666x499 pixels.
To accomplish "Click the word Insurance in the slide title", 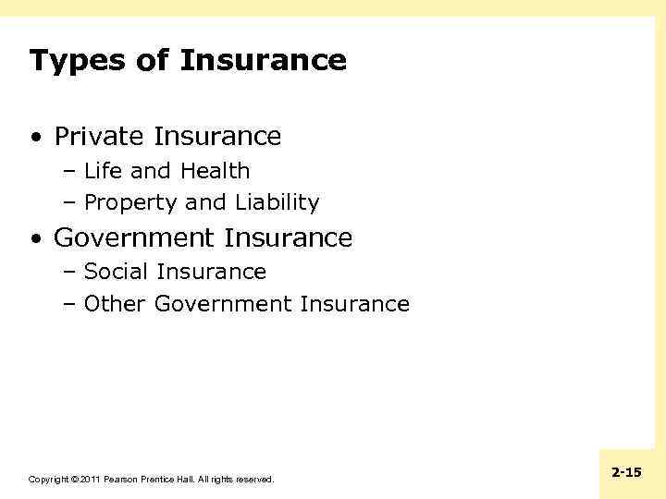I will (x=264, y=61).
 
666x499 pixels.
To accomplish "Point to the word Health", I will (x=215, y=171).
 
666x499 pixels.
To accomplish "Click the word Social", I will (x=117, y=272).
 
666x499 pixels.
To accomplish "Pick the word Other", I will (x=115, y=304).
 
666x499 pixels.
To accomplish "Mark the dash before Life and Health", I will (x=71, y=172).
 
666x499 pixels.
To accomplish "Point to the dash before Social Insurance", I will (x=71, y=273).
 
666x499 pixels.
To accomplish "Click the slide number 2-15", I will (x=627, y=472).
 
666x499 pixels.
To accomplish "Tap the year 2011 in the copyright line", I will (x=90, y=480).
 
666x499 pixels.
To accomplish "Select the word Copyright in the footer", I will (x=48, y=480).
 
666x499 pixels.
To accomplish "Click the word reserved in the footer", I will (x=255, y=480).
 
